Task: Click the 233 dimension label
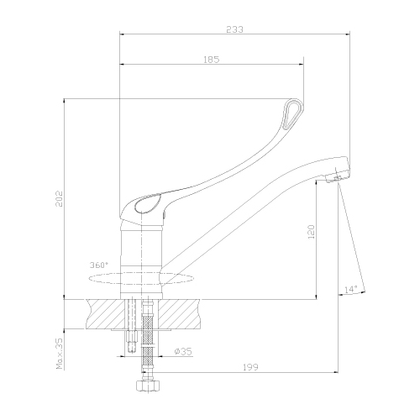(234, 29)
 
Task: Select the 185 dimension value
(212, 60)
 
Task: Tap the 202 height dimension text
(59, 199)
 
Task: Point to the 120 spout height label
(312, 231)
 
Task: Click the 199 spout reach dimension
(250, 367)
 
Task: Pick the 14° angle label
(351, 289)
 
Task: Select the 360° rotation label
(99, 265)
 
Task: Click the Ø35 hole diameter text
(183, 352)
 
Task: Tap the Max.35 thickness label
(60, 354)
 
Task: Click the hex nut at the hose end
(149, 386)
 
